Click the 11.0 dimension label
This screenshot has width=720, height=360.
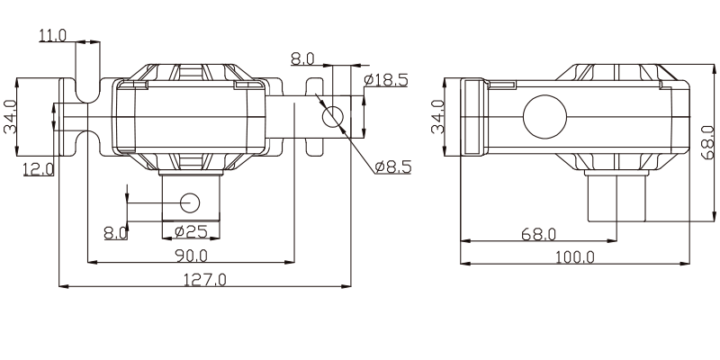coord(53,35)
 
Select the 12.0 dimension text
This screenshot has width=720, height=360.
coord(39,169)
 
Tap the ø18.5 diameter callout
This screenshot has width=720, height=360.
coord(386,80)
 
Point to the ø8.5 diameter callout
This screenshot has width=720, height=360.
coord(392,167)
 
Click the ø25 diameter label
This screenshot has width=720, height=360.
coord(192,231)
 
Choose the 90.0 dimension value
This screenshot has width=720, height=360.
coord(192,256)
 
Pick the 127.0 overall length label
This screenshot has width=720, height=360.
coord(205,280)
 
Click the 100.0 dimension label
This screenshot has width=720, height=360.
coord(575,257)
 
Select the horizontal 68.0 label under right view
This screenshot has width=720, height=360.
coord(538,234)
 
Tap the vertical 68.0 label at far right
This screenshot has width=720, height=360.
coord(708,143)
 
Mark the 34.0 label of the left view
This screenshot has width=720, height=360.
coord(10,117)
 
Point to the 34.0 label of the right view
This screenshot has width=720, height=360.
coord(438,117)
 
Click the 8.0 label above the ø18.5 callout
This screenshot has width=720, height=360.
coord(302,58)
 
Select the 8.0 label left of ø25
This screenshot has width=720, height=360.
coord(116,233)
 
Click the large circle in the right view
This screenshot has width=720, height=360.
coord(545,117)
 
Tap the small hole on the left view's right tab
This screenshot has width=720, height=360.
coord(333,117)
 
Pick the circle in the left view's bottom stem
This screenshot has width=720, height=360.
coord(190,203)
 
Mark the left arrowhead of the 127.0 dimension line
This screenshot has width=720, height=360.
coord(59,286)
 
